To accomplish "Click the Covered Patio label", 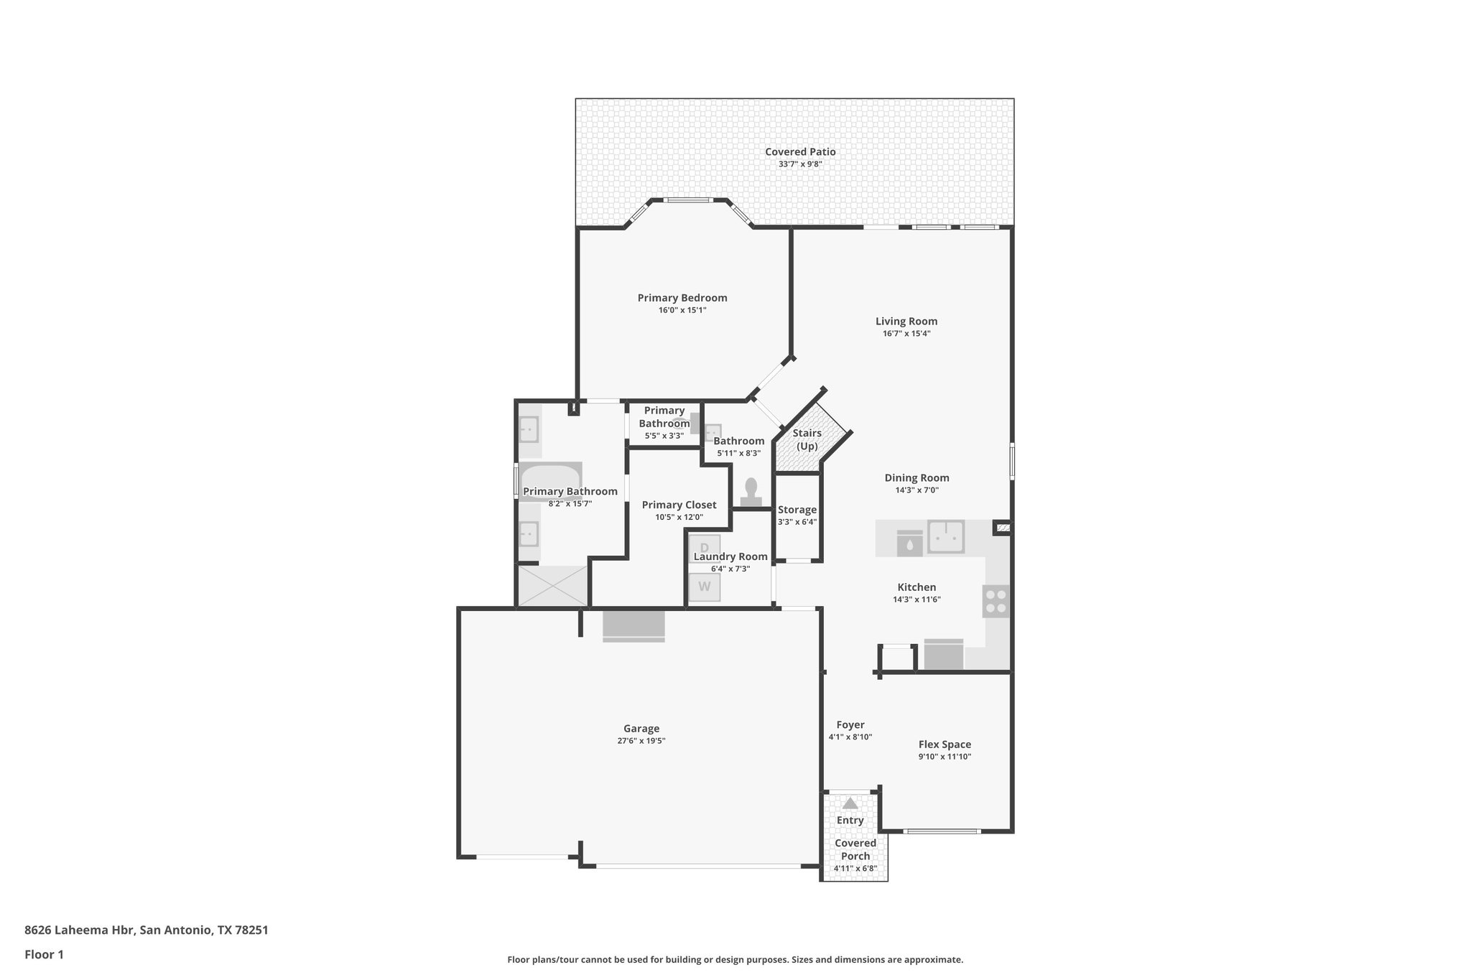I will click(799, 151).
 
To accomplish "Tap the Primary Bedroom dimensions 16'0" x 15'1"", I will click(682, 310).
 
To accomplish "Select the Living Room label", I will click(906, 321).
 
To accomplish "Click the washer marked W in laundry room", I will click(704, 587).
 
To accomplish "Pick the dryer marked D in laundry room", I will click(704, 546).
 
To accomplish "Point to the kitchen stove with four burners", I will click(996, 601).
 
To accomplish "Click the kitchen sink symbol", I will click(945, 536).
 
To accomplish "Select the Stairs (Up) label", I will click(807, 439).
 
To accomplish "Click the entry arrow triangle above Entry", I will click(850, 803).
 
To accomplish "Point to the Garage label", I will click(641, 728).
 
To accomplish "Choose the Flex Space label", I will click(945, 744).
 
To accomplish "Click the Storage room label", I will click(797, 510).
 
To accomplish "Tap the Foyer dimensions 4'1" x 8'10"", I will click(850, 737).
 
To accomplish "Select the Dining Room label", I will click(917, 477).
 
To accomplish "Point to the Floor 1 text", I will click(44, 954).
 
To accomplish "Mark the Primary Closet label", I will click(679, 505).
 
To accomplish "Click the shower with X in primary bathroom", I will click(552, 585).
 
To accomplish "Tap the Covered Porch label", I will click(855, 849).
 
